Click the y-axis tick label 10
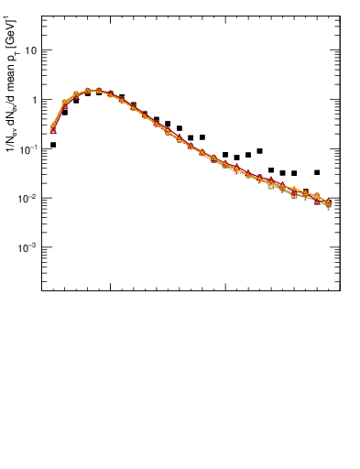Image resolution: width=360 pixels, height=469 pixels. pyautogui.click(x=30, y=50)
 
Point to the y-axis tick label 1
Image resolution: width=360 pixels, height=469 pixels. pyautogui.click(x=34, y=100)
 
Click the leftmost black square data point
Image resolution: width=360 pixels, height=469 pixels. pyautogui.click(x=53, y=145)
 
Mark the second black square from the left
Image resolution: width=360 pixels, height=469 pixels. pyautogui.click(x=64, y=113)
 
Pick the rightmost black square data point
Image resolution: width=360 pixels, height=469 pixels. pyautogui.click(x=317, y=172)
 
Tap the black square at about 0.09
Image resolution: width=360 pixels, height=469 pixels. pyautogui.click(x=259, y=151)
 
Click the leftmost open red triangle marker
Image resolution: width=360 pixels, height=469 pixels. pyautogui.click(x=53, y=130)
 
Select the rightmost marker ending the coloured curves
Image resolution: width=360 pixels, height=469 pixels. pyautogui.click(x=328, y=202)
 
